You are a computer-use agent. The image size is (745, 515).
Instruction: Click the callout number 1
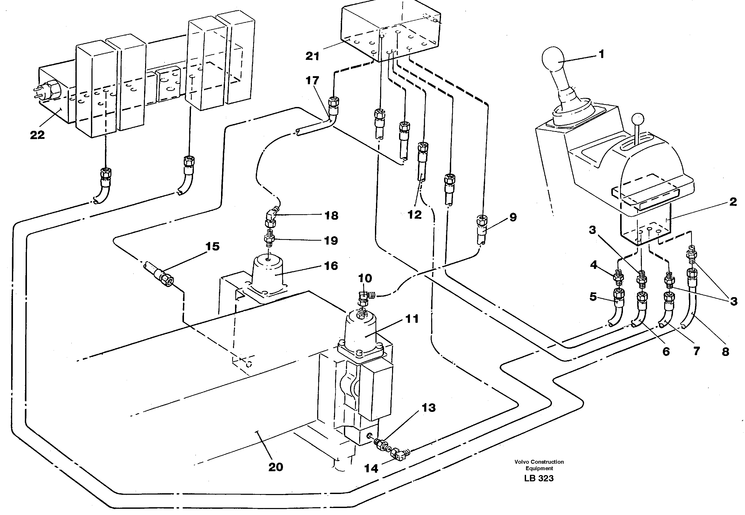tap(601, 54)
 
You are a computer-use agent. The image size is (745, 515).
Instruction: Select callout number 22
tap(37, 135)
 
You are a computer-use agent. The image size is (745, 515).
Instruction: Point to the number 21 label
tap(312, 56)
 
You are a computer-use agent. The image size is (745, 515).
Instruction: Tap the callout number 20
tap(275, 467)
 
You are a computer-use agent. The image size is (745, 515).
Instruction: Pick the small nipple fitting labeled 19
tap(268, 239)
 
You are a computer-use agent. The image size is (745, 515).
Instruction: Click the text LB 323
tap(539, 478)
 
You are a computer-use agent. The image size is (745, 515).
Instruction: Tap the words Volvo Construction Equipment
tap(539, 465)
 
